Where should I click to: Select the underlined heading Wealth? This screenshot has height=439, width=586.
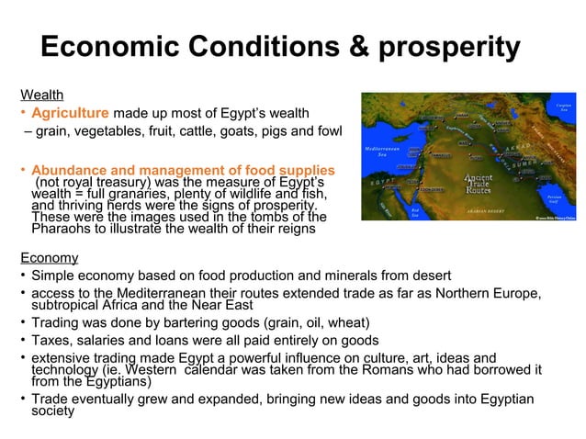pos(42,95)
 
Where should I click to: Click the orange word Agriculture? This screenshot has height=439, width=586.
pos(70,114)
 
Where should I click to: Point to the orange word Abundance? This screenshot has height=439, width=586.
pos(70,170)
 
